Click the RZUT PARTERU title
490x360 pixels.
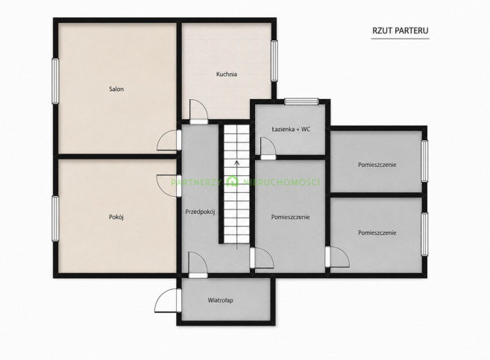(x=401, y=31)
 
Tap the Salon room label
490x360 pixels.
(x=116, y=89)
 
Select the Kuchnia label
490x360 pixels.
(x=227, y=75)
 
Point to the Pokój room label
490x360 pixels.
(x=116, y=217)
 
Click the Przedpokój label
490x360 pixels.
(x=200, y=212)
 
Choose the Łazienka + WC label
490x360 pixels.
(x=291, y=129)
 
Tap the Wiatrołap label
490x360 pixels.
(x=220, y=300)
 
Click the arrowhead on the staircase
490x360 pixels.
(x=237, y=162)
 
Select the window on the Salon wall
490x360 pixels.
(x=55, y=80)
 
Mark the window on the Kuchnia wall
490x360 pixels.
(x=274, y=60)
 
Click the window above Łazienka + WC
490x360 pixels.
(x=301, y=101)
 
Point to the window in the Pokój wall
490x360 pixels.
(x=55, y=218)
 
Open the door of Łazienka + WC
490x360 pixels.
(x=268, y=148)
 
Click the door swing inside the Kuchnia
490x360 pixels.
(x=198, y=112)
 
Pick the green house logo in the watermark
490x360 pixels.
(x=233, y=181)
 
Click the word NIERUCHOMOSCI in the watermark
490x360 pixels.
(x=281, y=182)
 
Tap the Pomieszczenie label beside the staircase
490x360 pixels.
(x=290, y=217)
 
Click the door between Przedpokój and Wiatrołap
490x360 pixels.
(x=198, y=265)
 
